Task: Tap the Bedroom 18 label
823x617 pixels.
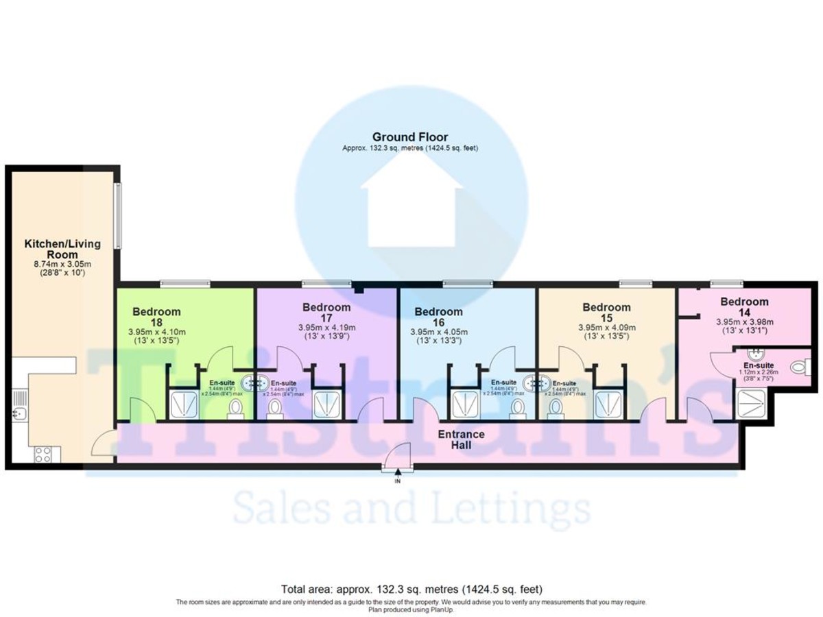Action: (156, 317)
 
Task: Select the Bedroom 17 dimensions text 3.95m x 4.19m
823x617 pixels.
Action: (326, 327)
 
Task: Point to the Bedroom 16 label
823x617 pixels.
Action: (438, 317)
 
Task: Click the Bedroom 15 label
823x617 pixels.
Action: (606, 312)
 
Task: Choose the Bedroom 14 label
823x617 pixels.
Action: (744, 306)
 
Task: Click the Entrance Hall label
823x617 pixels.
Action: (461, 439)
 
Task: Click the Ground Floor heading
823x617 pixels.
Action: (410, 137)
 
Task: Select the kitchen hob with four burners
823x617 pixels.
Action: (43, 453)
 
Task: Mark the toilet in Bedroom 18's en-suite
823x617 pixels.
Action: (235, 409)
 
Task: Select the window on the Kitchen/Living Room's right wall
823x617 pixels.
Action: (118, 216)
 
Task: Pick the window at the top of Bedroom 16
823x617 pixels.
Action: (467, 283)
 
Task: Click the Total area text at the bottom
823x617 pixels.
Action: (411, 589)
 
